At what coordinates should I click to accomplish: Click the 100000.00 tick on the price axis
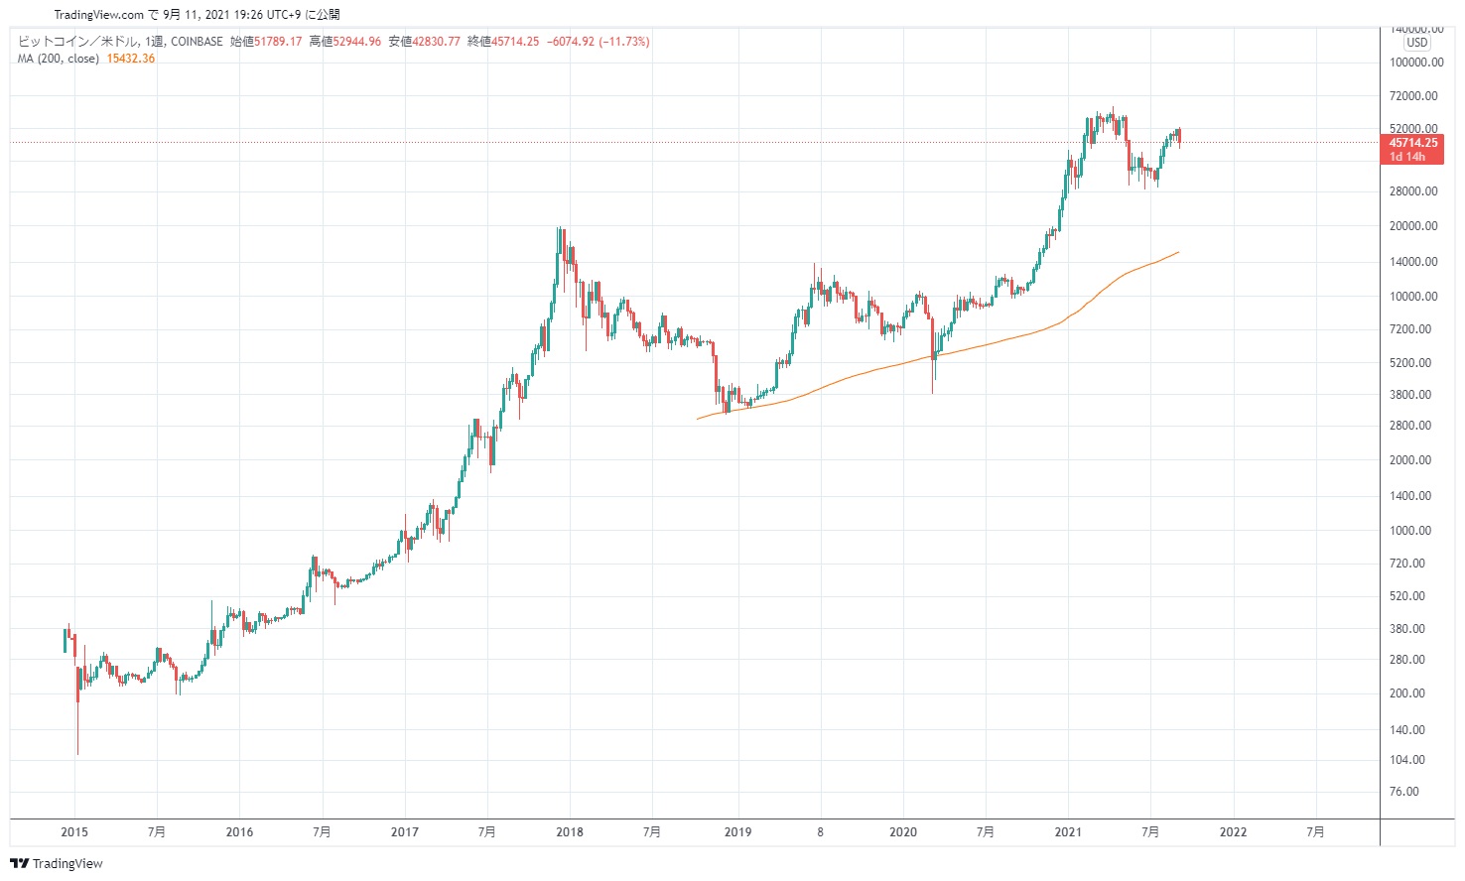point(1415,63)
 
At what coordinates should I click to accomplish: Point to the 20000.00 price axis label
point(1413,226)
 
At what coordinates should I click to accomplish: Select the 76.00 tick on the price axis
point(1403,792)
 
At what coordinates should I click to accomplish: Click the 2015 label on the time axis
point(74,832)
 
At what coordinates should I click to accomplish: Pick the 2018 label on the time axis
point(570,832)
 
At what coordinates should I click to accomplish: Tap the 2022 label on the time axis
point(1233,832)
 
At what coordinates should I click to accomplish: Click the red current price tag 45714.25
point(1412,143)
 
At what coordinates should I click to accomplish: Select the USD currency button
point(1416,43)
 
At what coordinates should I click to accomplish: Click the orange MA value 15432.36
point(130,59)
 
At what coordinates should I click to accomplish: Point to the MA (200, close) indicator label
point(58,59)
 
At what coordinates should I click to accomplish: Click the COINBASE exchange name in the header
point(197,42)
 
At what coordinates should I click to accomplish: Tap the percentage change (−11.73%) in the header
point(624,42)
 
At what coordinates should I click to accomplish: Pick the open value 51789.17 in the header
point(278,42)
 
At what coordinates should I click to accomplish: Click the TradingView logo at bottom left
point(57,863)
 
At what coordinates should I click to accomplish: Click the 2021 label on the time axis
point(1068,832)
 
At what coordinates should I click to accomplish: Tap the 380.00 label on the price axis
point(1407,629)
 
